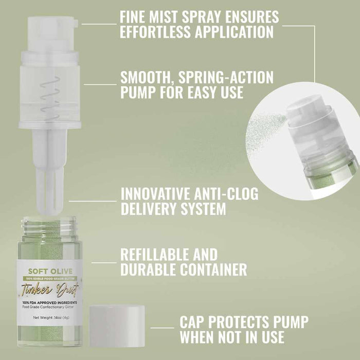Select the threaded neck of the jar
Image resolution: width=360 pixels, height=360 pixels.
pos(51,226)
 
